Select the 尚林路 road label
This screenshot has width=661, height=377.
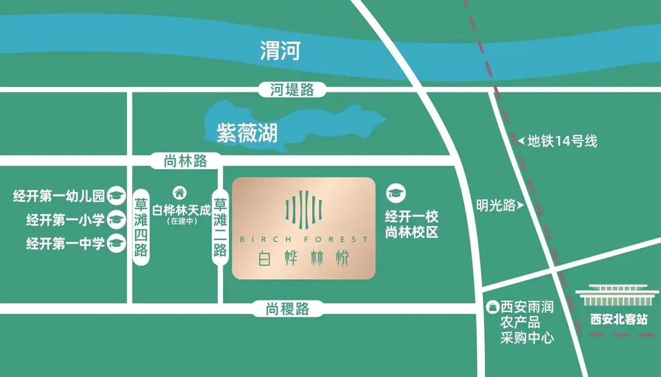pyautogui.click(x=185, y=161)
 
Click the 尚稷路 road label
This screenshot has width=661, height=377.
pyautogui.click(x=287, y=309)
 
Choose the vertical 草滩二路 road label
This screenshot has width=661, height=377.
pyautogui.click(x=220, y=226)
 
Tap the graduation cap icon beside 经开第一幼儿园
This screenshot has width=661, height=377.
pyautogui.click(x=115, y=196)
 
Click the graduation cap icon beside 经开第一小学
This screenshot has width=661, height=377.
pyautogui.click(x=115, y=220)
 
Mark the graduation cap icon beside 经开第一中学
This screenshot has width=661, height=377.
pyautogui.click(x=115, y=244)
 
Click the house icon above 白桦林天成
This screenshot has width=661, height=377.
pyautogui.click(x=179, y=193)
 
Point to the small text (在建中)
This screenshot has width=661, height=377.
pyautogui.click(x=180, y=223)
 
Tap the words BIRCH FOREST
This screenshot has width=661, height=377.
pyautogui.click(x=304, y=239)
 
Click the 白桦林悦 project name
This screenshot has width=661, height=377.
pyautogui.click(x=304, y=259)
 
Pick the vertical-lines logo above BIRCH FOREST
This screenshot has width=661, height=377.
pyautogui.click(x=304, y=209)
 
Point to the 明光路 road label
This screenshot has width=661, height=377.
pyautogui.click(x=496, y=206)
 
